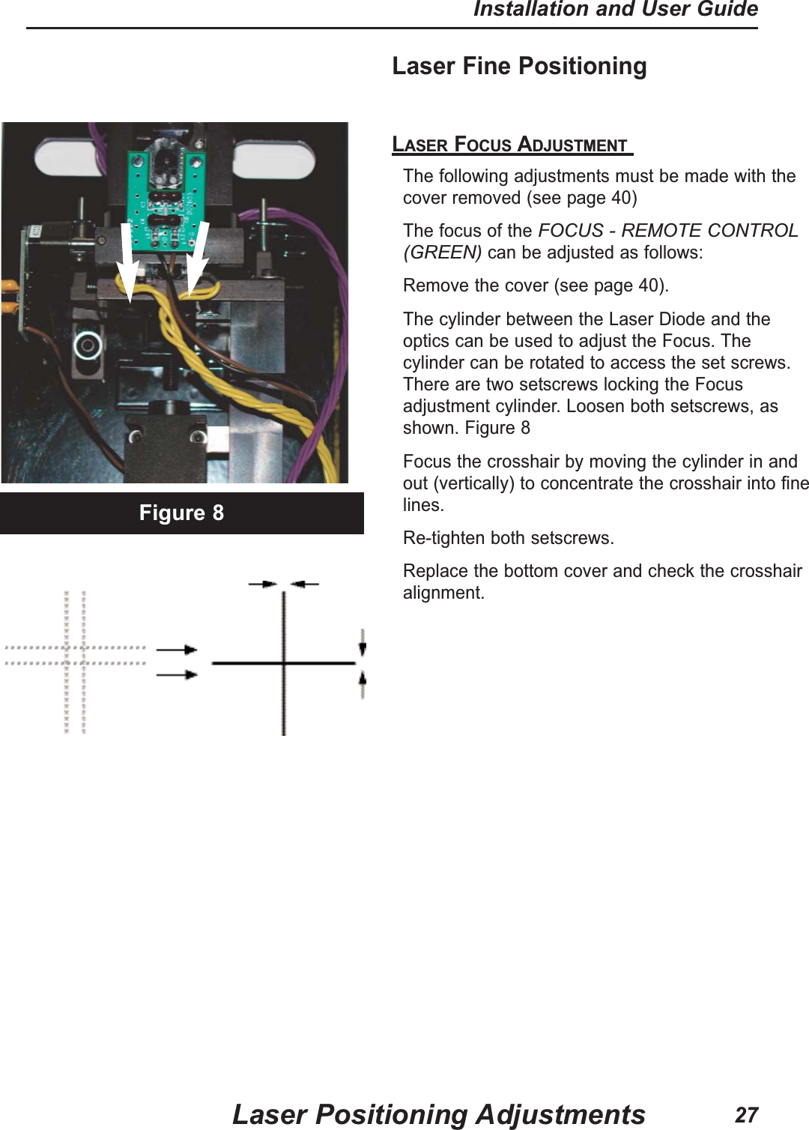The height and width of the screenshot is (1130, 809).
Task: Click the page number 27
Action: [x=746, y=1114]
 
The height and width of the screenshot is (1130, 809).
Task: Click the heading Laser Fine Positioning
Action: [x=519, y=66]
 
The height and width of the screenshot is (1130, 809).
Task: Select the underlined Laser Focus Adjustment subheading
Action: [x=512, y=144]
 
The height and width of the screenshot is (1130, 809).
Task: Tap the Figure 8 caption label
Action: [x=181, y=513]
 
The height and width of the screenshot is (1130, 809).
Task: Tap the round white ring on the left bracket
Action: [x=88, y=345]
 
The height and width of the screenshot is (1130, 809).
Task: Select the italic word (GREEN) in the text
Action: [x=442, y=253]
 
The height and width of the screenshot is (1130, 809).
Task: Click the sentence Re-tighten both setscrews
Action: [x=508, y=538]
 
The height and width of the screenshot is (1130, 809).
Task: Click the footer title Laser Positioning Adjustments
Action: [x=438, y=1114]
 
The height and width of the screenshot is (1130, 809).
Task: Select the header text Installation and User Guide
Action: [x=615, y=10]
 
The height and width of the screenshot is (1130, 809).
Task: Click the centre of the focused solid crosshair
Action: [x=283, y=663]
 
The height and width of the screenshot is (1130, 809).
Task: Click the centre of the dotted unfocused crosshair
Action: [x=75, y=655]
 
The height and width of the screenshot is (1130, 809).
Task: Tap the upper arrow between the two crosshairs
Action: [x=177, y=650]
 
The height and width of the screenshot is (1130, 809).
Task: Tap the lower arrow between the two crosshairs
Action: [x=177, y=674]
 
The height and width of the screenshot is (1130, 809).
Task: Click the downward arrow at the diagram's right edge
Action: [x=363, y=644]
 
